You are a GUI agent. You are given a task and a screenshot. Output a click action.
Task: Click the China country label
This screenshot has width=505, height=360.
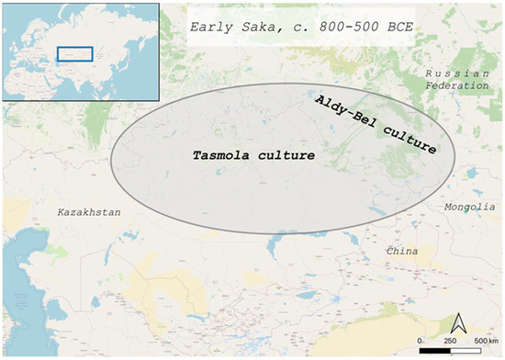click(400, 251)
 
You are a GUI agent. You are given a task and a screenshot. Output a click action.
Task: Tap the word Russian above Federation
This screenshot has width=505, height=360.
click(451, 72)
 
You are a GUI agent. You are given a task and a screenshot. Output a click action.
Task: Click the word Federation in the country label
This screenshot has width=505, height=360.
click(451, 85)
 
